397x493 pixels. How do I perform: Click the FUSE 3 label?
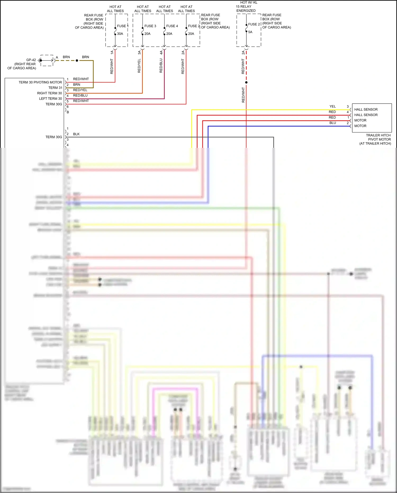click(x=150, y=26)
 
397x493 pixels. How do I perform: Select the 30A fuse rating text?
click(x=120, y=34)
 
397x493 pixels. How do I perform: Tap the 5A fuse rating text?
click(x=250, y=32)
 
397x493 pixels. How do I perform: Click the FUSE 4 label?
click(x=172, y=26)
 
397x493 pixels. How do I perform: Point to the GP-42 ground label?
click(x=31, y=60)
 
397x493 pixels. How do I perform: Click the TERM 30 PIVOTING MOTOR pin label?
click(x=40, y=82)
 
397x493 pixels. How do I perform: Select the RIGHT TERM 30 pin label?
click(x=49, y=93)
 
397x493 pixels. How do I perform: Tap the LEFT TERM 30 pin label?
click(x=51, y=99)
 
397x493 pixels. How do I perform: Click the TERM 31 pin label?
click(x=55, y=88)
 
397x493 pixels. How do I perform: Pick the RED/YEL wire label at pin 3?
click(x=80, y=90)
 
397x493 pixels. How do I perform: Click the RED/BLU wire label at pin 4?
click(x=80, y=95)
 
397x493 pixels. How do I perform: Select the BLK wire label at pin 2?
click(x=76, y=134)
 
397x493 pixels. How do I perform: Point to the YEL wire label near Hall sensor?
click(x=333, y=106)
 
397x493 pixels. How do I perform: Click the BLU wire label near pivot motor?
click(x=333, y=123)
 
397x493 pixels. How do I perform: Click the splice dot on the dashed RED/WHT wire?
click(x=246, y=82)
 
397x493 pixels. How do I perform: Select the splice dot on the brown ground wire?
click(x=77, y=61)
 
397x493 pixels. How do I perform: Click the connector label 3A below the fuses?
click(x=139, y=53)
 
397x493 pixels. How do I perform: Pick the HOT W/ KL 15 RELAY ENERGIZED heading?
click(x=246, y=7)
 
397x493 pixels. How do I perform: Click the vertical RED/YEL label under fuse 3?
click(x=139, y=66)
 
